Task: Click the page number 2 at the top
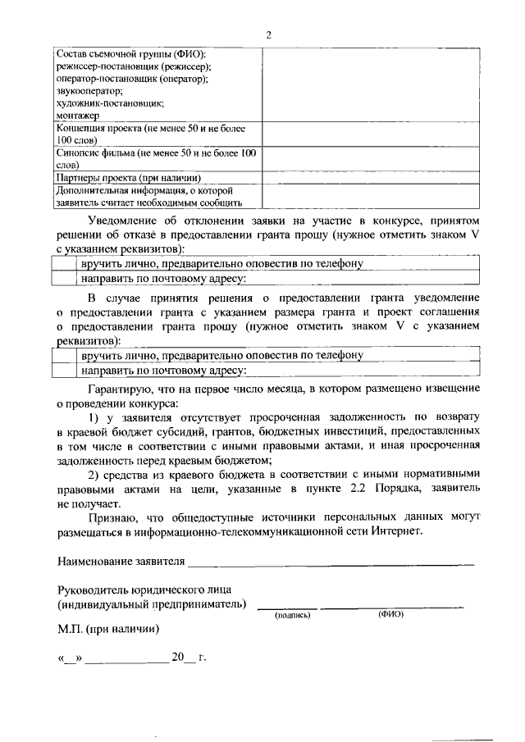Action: click(268, 34)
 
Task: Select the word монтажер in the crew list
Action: click(77, 116)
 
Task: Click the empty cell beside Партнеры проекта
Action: click(372, 176)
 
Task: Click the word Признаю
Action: click(112, 518)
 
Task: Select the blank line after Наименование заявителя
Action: click(331, 562)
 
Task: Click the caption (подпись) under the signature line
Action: click(292, 613)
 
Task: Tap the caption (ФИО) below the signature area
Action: click(390, 613)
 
